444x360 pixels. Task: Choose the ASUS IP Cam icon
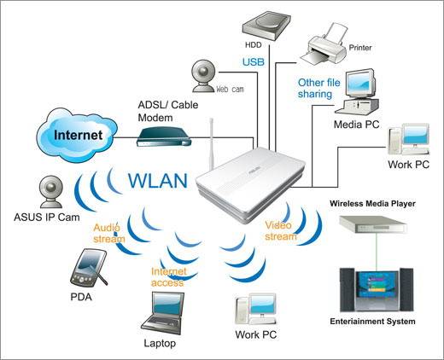(48, 189)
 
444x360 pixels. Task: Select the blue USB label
(253, 62)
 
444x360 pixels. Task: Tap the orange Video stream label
(280, 230)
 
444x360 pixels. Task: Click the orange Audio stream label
(108, 233)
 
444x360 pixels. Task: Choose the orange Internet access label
(166, 276)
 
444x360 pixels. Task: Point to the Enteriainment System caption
(372, 322)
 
